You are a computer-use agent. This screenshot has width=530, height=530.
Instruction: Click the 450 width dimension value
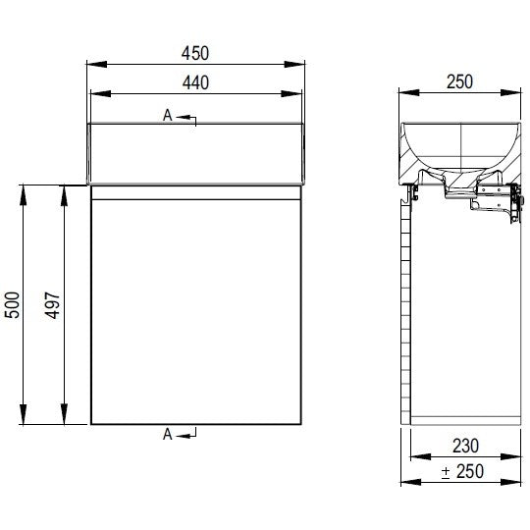coord(195,53)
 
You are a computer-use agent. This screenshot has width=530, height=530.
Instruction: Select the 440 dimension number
coord(195,82)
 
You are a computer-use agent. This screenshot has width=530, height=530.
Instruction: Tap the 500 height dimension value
coord(12,304)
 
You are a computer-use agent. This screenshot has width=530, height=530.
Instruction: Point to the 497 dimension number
coord(52,305)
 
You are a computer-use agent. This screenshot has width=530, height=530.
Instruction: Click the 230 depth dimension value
coord(465,446)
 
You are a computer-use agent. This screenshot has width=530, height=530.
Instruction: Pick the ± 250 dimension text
coord(462,471)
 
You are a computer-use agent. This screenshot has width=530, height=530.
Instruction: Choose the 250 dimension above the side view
coord(459,81)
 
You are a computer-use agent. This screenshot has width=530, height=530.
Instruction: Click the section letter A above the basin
coord(167,115)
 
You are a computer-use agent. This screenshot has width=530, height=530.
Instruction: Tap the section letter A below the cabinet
coord(167,435)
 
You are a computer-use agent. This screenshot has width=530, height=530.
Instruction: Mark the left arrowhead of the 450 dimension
coord(97,64)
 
